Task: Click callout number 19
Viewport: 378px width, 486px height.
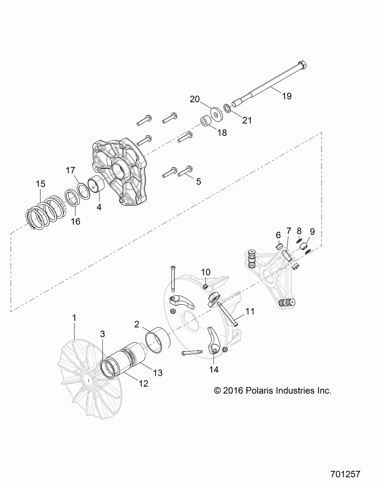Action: click(287, 96)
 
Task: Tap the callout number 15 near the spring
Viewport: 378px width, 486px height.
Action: click(40, 184)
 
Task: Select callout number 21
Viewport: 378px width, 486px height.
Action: click(247, 121)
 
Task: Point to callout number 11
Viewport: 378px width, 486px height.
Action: click(250, 312)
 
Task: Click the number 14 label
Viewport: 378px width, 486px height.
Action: click(214, 369)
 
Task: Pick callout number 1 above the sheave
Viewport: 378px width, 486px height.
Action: click(74, 318)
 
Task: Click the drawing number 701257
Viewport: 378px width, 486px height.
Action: click(345, 473)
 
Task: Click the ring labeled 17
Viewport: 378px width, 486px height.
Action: click(84, 191)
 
